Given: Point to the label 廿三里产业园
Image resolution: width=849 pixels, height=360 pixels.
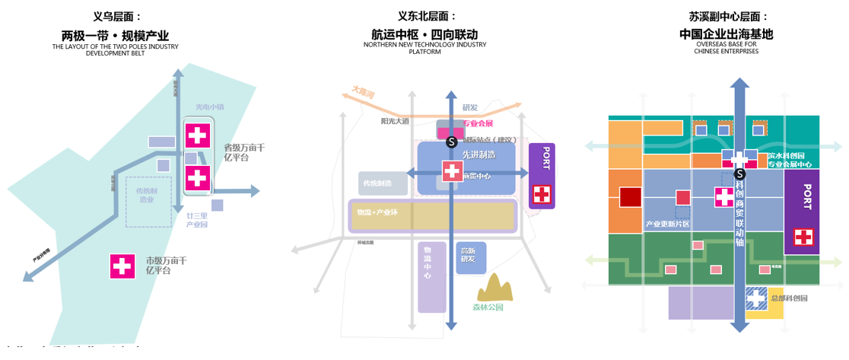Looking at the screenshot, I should click(x=197, y=220).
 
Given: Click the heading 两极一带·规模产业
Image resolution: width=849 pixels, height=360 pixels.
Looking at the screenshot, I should click(x=115, y=35).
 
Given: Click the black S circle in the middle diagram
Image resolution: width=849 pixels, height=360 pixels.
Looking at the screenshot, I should click(x=452, y=142).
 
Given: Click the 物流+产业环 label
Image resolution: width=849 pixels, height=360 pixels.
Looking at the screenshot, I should click(x=378, y=211).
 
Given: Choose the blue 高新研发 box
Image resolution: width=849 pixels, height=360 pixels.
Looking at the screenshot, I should click(x=471, y=255).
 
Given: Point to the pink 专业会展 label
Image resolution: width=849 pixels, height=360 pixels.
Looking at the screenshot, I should click(x=479, y=123).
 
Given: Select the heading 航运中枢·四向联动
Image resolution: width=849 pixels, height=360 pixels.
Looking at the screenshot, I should click(x=424, y=35).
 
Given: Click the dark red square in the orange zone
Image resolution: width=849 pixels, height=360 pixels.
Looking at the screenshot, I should click(x=631, y=197).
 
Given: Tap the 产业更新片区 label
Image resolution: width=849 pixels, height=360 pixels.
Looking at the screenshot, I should click(x=667, y=224).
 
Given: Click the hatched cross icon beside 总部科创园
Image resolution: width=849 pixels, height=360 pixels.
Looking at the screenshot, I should click(x=756, y=298).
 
